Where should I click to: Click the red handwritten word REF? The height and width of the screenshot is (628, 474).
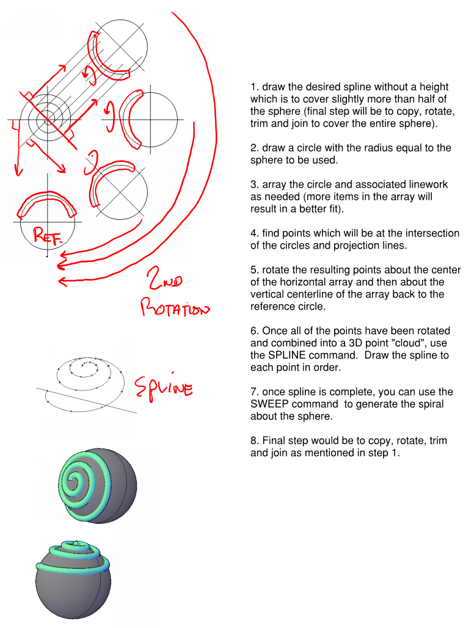(x=46, y=236)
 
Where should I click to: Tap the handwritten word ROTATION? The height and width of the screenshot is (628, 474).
(x=175, y=307)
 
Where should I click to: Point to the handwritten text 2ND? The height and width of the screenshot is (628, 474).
(x=161, y=283)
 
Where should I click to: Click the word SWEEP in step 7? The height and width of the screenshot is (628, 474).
(x=271, y=404)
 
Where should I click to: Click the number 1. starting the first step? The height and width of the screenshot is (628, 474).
(x=254, y=87)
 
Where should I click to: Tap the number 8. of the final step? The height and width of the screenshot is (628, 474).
(x=254, y=440)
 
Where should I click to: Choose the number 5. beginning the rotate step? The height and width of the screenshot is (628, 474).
(x=254, y=270)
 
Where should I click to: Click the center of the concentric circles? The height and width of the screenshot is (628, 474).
(x=46, y=120)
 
